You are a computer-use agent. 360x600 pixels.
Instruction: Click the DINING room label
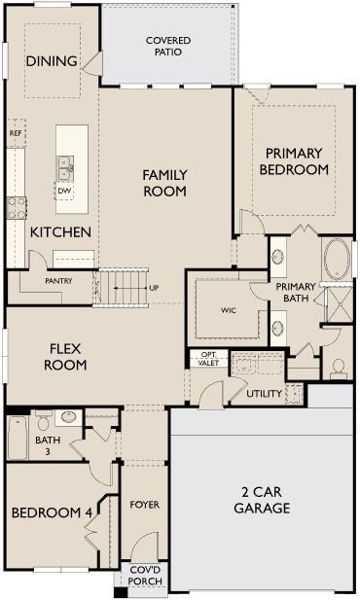[52, 61]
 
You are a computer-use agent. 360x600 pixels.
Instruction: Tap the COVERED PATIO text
[167, 46]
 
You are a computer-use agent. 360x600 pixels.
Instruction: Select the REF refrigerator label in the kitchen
[16, 133]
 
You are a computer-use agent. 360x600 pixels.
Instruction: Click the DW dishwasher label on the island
[65, 191]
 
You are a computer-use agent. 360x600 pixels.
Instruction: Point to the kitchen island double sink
[65, 171]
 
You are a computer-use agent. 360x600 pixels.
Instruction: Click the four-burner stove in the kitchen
[17, 206]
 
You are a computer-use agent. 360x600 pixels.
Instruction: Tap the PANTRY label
[58, 281]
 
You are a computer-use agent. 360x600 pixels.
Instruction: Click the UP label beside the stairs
[154, 288]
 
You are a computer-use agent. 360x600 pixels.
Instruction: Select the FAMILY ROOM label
[164, 183]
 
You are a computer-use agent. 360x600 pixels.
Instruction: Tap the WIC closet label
[229, 310]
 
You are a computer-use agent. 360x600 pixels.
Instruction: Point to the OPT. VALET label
[209, 358]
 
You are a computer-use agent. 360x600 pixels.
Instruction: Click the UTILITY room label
[264, 394]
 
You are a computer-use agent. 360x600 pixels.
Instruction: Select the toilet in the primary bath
[339, 369]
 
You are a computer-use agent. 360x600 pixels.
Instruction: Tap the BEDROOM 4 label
[48, 512]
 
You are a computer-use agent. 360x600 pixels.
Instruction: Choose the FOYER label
[145, 505]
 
